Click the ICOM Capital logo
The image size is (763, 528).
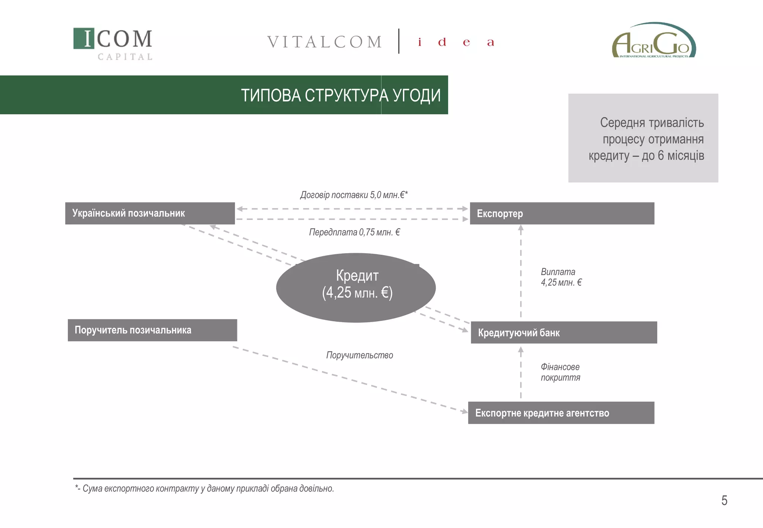tap(113, 44)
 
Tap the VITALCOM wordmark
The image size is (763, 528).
tap(324, 42)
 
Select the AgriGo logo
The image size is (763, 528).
tap(654, 41)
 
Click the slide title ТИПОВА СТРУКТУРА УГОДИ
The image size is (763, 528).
tap(341, 95)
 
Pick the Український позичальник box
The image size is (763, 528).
tap(150, 213)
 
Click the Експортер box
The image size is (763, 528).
tap(562, 213)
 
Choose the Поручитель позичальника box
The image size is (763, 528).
tap(152, 330)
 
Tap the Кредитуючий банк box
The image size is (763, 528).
tap(564, 333)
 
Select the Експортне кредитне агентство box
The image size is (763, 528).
tap(561, 413)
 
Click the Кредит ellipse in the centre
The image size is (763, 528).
tap(356, 287)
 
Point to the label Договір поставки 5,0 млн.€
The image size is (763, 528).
tap(354, 195)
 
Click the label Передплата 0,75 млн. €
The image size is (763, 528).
tap(354, 232)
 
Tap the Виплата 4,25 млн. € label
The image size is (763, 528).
tap(561, 277)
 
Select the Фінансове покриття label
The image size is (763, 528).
tap(560, 372)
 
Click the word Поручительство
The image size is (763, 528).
tap(360, 355)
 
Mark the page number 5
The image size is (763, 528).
tap(724, 500)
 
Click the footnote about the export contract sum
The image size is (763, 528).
tap(205, 489)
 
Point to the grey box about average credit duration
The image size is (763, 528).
tap(643, 138)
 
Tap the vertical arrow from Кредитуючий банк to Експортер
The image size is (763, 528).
tap(521, 272)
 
